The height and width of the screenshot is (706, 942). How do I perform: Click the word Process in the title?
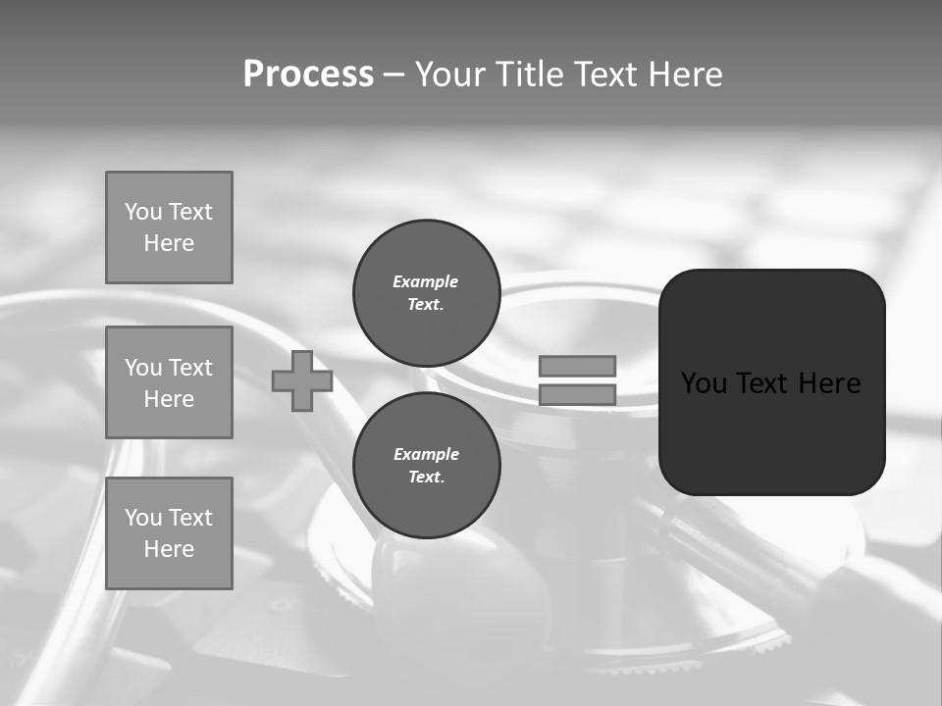pos(308,75)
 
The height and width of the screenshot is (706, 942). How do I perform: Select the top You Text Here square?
pos(169,227)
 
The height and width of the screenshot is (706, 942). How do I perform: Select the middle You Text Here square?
pos(169,382)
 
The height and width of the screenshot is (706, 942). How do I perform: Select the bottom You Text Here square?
pos(169,533)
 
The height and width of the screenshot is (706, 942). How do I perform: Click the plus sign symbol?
pos(302,381)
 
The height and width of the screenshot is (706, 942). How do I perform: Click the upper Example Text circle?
pos(426,292)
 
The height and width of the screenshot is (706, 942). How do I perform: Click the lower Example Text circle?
pos(426,465)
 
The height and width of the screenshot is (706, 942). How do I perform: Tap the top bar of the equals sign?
pos(577,366)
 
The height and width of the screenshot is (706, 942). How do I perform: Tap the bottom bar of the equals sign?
pos(577,395)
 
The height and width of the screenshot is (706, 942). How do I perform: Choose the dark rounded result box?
pos(771,382)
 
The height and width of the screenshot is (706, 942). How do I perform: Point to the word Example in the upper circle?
pos(426,281)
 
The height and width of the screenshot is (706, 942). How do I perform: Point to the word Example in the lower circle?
pos(426,454)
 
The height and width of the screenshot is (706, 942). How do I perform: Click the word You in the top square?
pos(142,212)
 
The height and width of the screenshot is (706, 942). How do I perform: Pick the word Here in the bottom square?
pos(169,549)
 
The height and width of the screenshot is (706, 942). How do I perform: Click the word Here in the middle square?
pos(169,399)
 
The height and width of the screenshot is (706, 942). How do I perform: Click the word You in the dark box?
pos(704,383)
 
